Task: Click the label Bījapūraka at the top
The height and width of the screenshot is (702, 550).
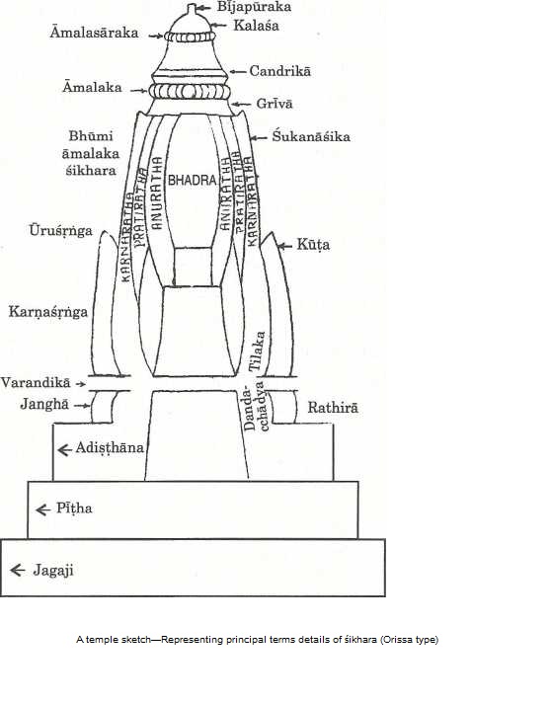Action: coord(254,7)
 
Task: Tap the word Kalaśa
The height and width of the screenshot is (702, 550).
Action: coord(256,26)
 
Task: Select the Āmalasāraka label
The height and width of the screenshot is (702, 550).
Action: coord(94,33)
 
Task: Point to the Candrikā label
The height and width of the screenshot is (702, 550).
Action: coord(279,71)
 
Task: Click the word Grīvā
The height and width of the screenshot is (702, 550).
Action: coord(275,104)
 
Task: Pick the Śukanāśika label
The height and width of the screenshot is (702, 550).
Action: coord(311,136)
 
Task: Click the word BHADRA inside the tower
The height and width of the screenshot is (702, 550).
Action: coord(193,180)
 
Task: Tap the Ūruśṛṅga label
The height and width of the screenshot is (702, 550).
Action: coord(61,231)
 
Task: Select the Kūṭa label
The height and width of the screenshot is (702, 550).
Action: coord(313,245)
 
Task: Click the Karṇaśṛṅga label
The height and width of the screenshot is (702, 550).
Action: coord(48,312)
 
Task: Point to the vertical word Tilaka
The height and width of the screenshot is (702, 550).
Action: coord(257,351)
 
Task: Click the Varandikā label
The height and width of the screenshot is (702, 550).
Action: coord(36,383)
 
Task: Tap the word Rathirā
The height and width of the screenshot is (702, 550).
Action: coord(333,408)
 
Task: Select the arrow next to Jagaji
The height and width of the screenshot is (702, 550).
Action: coord(18,570)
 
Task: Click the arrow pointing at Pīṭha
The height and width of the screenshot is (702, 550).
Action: coord(43,509)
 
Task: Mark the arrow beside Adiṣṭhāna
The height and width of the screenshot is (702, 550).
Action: coord(65,450)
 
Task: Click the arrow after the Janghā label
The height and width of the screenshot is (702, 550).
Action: coord(82,406)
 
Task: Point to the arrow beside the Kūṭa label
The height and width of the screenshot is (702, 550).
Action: coord(285,245)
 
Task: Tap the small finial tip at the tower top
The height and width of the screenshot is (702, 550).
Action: coord(192,7)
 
